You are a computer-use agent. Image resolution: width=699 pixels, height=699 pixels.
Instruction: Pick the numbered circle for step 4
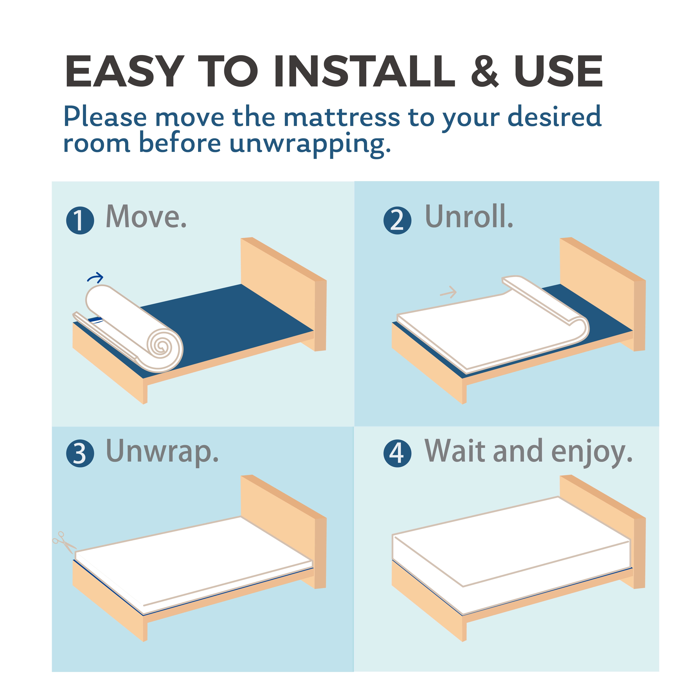coord(397,453)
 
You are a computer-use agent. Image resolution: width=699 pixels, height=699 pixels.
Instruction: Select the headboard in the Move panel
coord(284,294)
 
